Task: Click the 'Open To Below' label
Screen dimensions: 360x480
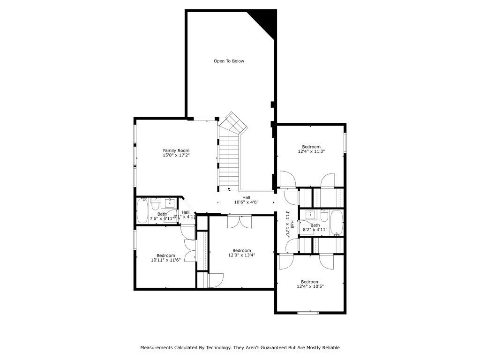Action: [x=229, y=61]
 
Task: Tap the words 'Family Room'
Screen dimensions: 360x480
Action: [x=176, y=150]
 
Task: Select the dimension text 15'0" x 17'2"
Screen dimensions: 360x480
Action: [x=176, y=155]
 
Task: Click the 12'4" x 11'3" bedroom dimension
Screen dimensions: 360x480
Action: [x=311, y=151]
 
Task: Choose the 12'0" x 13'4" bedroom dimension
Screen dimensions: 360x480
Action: [x=241, y=255]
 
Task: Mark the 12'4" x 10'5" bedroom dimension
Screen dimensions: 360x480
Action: [x=310, y=286]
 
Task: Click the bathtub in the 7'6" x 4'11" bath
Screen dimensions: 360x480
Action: [x=142, y=211]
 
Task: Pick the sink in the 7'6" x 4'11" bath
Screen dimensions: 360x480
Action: [x=168, y=203]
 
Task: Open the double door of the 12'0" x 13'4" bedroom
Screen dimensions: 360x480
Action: [x=240, y=221]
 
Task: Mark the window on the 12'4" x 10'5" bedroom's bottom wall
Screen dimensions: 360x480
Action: [x=308, y=313]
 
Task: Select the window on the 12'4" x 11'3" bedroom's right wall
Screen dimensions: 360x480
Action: [x=345, y=142]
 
